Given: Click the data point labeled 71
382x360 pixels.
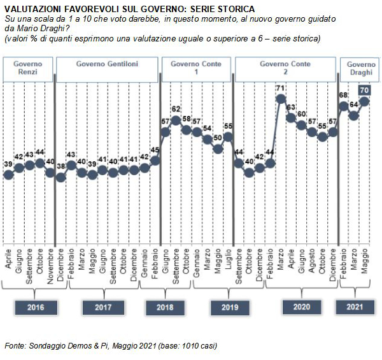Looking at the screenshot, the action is (281, 99).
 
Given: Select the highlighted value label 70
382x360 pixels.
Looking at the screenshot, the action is (364, 90).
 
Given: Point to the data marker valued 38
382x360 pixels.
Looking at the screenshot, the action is (60, 177).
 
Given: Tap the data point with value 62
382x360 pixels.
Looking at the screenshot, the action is (176, 120).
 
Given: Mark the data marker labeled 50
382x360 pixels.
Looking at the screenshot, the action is (218, 149).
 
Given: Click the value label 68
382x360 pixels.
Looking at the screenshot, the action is (343, 95).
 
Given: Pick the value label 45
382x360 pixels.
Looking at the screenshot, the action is (155, 150).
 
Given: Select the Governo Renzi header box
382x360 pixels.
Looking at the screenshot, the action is (28, 69).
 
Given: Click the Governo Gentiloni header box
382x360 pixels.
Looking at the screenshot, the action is (107, 69).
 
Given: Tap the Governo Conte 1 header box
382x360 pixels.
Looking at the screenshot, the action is (196, 69).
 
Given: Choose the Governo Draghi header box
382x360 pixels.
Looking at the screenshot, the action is (360, 69).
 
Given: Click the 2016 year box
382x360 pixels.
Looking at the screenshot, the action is (36, 307).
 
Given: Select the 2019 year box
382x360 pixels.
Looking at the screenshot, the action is (230, 307).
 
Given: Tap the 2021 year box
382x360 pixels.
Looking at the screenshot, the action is (355, 307).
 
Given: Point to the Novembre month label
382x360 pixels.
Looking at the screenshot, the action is (50, 266).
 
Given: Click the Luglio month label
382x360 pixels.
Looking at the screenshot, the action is (229, 259).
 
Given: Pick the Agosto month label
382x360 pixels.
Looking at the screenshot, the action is (312, 261).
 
